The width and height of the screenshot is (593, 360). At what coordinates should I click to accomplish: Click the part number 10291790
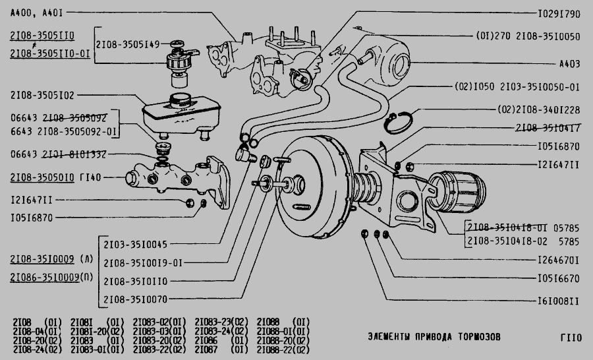558,13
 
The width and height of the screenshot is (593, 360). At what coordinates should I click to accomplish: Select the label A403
569,65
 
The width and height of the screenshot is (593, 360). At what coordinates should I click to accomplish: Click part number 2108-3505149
127,45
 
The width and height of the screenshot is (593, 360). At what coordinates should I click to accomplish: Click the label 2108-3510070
135,299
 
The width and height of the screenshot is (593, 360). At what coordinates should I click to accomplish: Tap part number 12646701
558,260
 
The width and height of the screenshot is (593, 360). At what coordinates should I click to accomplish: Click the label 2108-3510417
548,127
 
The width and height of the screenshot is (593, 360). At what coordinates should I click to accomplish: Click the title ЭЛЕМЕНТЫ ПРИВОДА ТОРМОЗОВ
434,337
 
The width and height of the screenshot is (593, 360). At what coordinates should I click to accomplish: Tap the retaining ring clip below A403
398,121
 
